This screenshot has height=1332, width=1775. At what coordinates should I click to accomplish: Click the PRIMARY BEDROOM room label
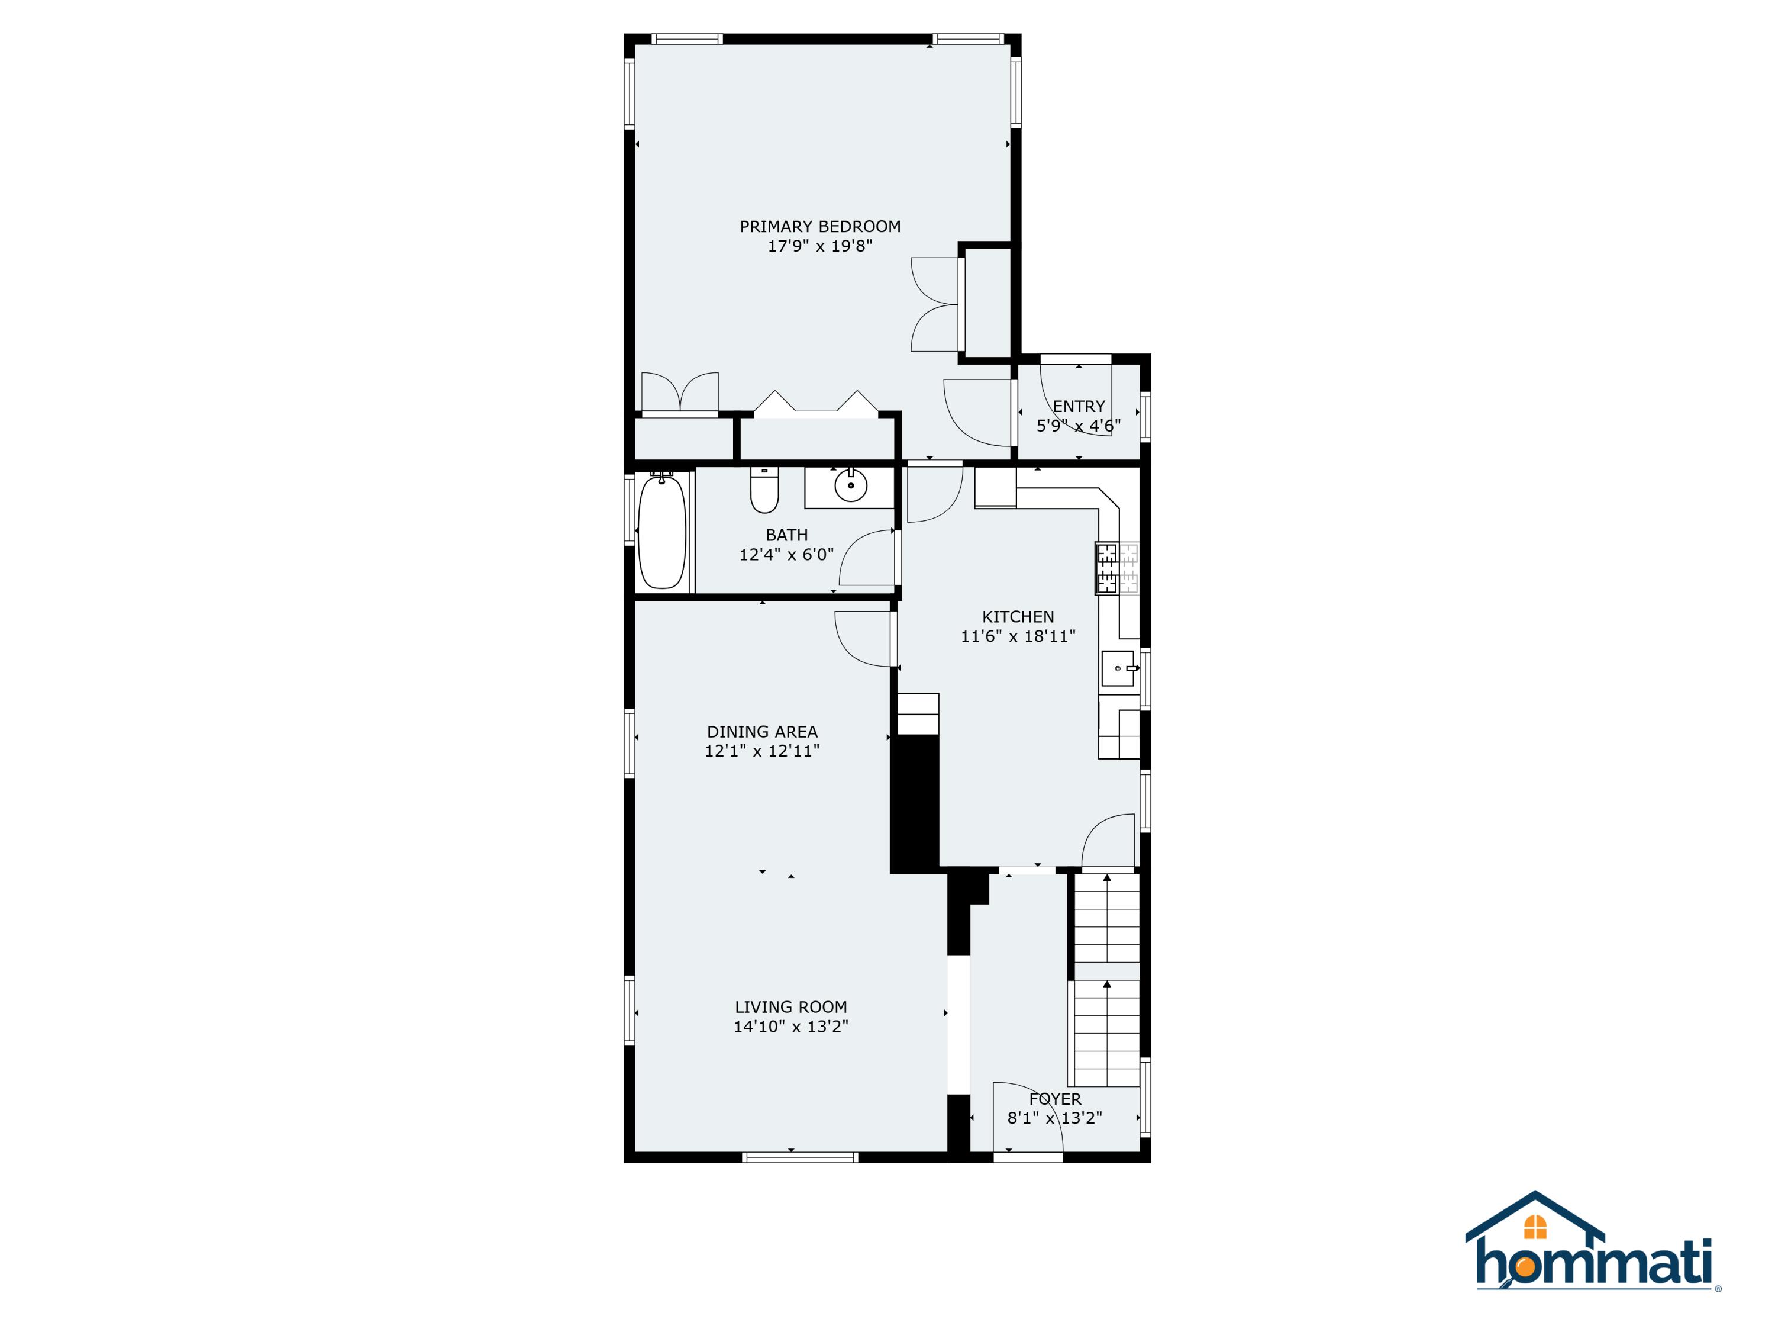tap(820, 226)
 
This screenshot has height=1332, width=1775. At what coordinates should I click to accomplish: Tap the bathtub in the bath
tap(662, 532)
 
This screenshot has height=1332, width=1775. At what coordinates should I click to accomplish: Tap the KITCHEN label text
tap(1018, 617)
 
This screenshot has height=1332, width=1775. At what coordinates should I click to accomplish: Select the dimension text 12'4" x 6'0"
tap(786, 554)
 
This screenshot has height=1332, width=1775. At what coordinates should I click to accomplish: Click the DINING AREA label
tap(762, 732)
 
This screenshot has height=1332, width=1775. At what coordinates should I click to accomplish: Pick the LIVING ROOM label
tap(791, 1007)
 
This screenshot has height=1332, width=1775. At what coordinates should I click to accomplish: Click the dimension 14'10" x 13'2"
tap(791, 1026)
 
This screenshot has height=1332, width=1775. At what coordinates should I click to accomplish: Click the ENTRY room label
tap(1079, 406)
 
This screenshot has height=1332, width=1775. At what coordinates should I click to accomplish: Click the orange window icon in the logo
tap(1535, 1227)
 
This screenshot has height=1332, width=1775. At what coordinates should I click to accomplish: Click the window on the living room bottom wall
tap(800, 1157)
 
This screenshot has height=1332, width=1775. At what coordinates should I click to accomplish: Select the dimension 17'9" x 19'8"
tap(820, 246)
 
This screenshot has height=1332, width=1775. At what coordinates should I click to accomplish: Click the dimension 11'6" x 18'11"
tap(1018, 636)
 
